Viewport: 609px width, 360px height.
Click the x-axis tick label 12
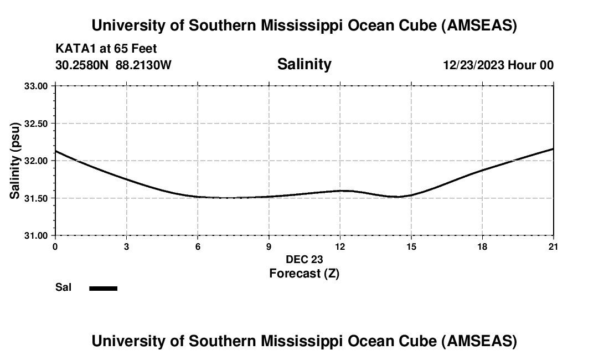(340, 246)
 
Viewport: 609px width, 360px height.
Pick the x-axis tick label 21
(553, 246)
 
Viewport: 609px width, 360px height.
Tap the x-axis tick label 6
(198, 246)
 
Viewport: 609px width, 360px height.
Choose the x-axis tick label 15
(411, 246)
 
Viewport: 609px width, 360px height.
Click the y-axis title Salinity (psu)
(15, 161)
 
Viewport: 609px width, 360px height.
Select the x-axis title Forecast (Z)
(304, 273)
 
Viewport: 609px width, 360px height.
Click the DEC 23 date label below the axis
(304, 259)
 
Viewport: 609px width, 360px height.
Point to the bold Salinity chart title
(304, 64)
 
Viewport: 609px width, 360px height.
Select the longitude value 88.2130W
(143, 65)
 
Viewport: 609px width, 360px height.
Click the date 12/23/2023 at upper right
(473, 65)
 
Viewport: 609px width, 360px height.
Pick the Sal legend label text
(63, 287)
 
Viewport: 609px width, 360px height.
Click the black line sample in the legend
(104, 288)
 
